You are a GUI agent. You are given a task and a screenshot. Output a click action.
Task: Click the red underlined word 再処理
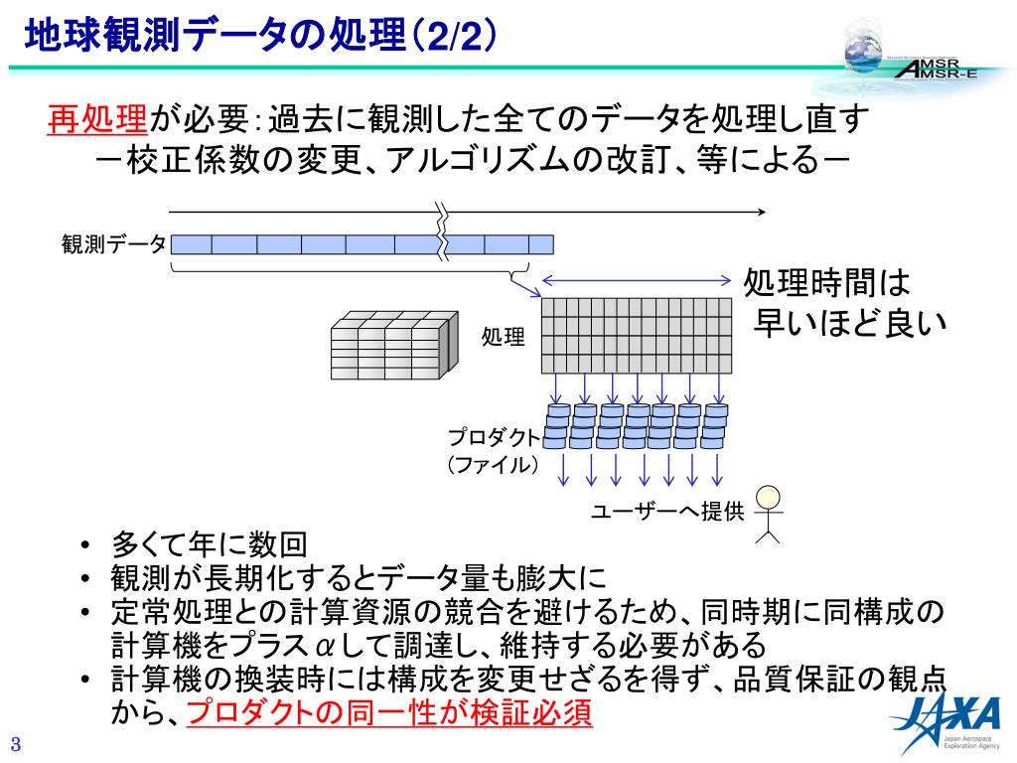98,120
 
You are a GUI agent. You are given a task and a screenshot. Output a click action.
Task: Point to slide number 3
16,745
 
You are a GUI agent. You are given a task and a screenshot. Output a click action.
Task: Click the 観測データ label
113,244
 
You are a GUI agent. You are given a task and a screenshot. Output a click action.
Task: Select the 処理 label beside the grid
503,337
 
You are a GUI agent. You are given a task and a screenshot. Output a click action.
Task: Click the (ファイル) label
493,464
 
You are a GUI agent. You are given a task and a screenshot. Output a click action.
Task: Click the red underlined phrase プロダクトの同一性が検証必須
389,712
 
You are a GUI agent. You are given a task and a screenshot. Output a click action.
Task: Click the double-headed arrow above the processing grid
636,281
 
